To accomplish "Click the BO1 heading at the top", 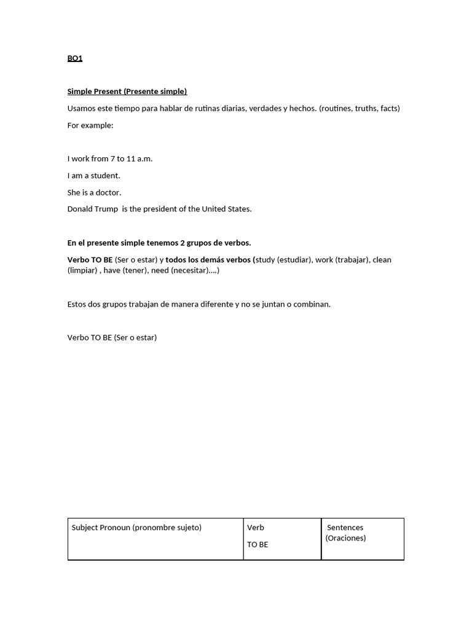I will [x=74, y=58].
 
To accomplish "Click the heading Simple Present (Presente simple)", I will [x=127, y=92].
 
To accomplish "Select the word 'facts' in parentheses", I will [x=389, y=109].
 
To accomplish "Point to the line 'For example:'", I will [x=90, y=125].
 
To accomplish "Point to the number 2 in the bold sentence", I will [x=182, y=243].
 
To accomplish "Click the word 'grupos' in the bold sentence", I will [x=200, y=243].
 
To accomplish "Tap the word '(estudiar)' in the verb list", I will [x=294, y=260].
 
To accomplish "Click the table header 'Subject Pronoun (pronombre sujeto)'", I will [x=136, y=528].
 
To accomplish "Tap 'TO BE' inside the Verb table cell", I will [x=258, y=545].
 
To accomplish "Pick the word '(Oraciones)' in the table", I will [x=345, y=538].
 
